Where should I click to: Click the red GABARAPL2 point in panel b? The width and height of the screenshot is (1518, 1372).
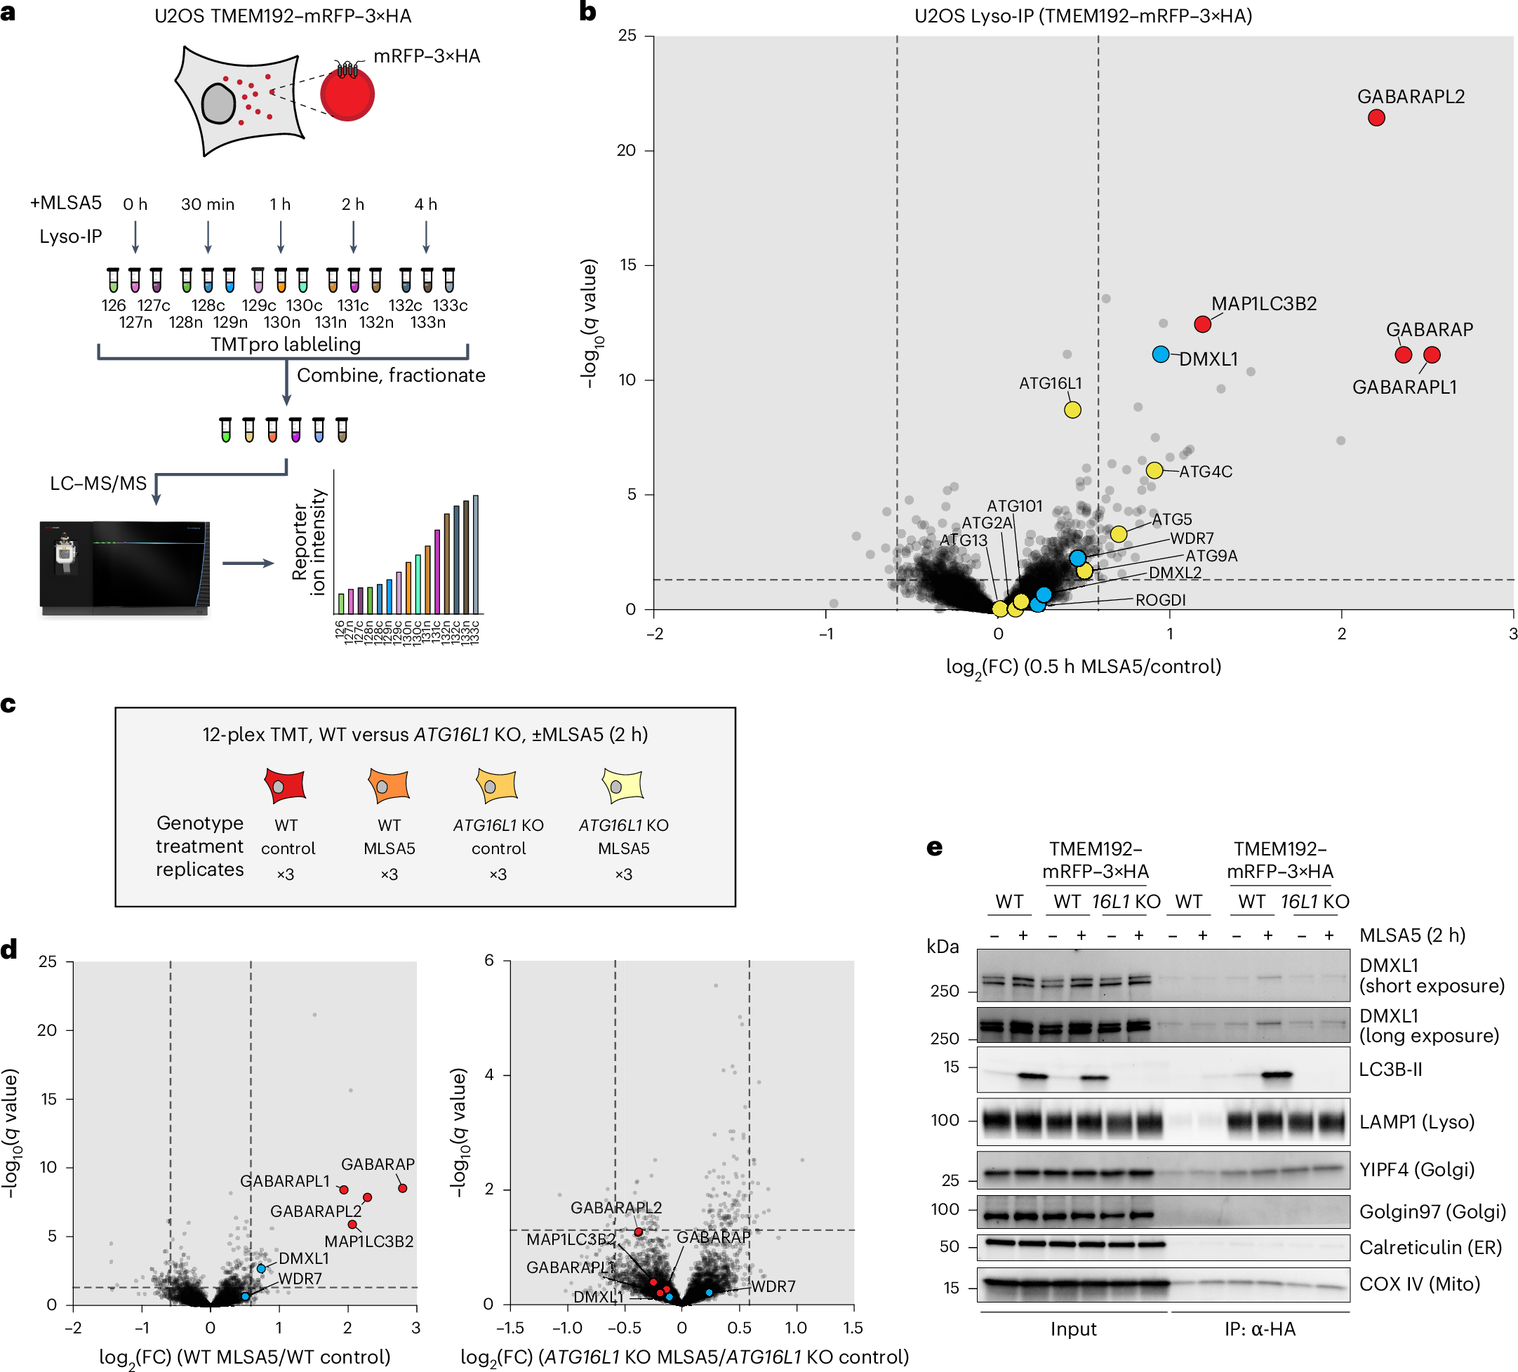pyautogui.click(x=1376, y=117)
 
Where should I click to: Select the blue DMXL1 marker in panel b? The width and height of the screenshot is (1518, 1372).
pyautogui.click(x=1160, y=354)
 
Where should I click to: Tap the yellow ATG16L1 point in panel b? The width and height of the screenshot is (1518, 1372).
pyautogui.click(x=1072, y=410)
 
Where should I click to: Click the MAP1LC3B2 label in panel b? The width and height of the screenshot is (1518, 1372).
pyautogui.click(x=1263, y=303)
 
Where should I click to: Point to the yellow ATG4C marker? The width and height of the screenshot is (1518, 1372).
pyautogui.click(x=1154, y=471)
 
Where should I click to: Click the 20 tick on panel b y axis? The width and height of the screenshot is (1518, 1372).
pyautogui.click(x=627, y=151)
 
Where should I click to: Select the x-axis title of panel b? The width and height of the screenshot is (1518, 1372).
pyautogui.click(x=1083, y=667)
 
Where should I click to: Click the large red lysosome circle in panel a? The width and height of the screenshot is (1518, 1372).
pyautogui.click(x=347, y=95)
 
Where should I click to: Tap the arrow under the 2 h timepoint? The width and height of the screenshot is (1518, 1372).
pyautogui.click(x=353, y=237)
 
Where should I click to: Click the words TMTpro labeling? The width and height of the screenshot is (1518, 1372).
pyautogui.click(x=286, y=344)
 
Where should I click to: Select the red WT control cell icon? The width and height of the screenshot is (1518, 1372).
pyautogui.click(x=285, y=785)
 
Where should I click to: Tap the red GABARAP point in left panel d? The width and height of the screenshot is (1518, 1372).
pyautogui.click(x=402, y=1188)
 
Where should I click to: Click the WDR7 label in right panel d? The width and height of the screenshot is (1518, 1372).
pyautogui.click(x=773, y=1286)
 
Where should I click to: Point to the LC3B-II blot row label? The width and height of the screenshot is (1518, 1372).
pyautogui.click(x=1390, y=1070)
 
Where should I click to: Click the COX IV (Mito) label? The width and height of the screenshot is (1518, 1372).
pyautogui.click(x=1418, y=1284)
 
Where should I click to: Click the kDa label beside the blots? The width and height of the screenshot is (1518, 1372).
pyautogui.click(x=942, y=947)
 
